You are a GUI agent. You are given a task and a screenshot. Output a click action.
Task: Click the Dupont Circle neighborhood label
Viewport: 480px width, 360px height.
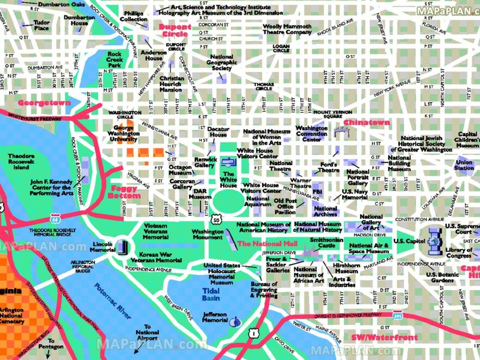click(x=175, y=30)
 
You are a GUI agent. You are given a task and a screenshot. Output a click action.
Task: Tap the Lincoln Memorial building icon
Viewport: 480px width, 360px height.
click(x=122, y=247)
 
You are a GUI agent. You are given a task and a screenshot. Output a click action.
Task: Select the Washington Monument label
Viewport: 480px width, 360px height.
click(x=207, y=235)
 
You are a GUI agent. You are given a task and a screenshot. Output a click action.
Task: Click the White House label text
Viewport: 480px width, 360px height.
click(x=229, y=179)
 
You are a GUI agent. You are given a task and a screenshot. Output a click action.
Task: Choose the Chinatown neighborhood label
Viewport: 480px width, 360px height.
click(x=366, y=122)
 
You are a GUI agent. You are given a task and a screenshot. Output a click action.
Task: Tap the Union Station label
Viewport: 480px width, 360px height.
click(x=464, y=165)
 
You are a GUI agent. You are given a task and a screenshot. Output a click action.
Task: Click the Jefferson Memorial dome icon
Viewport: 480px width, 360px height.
click(x=236, y=321)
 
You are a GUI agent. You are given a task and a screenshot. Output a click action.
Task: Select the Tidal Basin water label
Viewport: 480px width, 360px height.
click(x=211, y=295)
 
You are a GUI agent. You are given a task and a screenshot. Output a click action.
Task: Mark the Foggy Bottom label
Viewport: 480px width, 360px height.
click(x=124, y=191)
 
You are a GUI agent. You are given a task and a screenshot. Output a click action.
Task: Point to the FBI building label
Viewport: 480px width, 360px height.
click(x=317, y=192)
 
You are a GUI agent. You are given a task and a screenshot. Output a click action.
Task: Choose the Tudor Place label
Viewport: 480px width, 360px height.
click(x=41, y=25)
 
